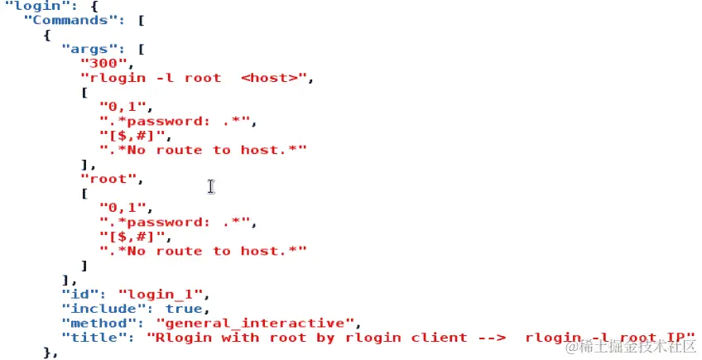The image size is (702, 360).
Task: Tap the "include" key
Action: [x=94, y=308]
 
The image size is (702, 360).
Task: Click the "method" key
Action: [x=90, y=322]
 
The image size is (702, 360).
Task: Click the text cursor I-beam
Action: [x=211, y=186]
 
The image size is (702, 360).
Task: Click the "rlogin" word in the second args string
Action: [x=113, y=78]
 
